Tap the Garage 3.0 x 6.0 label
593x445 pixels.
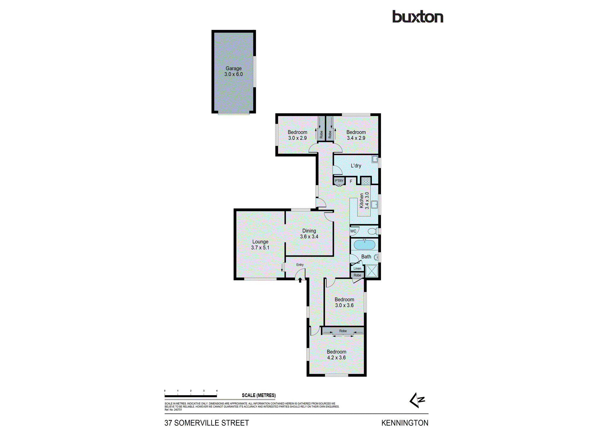(x=233, y=71)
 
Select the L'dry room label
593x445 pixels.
(x=356, y=166)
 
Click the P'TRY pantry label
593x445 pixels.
(x=339, y=181)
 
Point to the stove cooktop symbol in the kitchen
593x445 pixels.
(x=366, y=181)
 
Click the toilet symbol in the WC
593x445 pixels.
(x=372, y=231)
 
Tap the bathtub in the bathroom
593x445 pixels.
(x=364, y=245)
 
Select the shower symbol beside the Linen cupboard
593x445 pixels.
(x=372, y=271)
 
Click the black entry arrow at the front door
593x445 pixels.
(x=300, y=280)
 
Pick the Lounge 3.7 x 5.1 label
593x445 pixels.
(x=260, y=244)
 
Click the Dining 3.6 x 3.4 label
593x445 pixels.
(x=309, y=233)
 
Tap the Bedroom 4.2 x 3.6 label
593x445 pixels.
(x=336, y=355)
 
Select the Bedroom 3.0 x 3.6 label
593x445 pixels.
(x=344, y=302)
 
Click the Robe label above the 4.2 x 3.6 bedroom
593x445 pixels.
(x=343, y=331)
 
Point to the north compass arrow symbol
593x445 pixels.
(x=417, y=400)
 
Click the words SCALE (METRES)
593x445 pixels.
(x=259, y=395)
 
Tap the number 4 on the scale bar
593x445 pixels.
(x=217, y=391)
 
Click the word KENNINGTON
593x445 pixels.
(x=404, y=423)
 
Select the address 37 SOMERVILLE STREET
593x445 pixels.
(x=207, y=423)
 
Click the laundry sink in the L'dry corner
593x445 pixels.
(x=375, y=159)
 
